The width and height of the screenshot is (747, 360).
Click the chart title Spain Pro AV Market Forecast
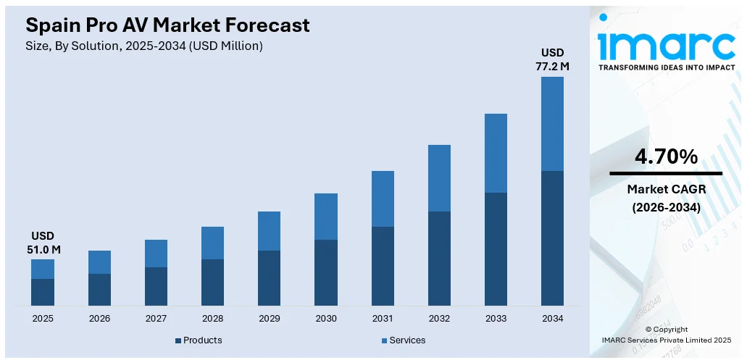click(167, 25)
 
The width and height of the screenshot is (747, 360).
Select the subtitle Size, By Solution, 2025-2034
click(144, 46)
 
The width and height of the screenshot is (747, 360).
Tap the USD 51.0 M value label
click(43, 243)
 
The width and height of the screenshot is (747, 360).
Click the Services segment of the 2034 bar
click(552, 123)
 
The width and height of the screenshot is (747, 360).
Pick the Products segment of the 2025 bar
click(43, 292)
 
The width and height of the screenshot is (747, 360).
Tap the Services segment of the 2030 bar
click(326, 216)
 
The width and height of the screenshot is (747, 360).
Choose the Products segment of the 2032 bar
click(439, 258)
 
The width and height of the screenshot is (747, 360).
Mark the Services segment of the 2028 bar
click(212, 243)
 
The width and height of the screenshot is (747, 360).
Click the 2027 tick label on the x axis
click(156, 318)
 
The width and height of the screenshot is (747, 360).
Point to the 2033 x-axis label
click(496, 318)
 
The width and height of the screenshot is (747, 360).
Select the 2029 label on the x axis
click(269, 318)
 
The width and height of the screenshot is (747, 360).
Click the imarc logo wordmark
click(666, 45)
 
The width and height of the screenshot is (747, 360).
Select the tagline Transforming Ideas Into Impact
click(666, 67)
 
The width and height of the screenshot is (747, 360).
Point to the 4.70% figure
click(666, 156)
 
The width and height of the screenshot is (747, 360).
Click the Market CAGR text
click(666, 189)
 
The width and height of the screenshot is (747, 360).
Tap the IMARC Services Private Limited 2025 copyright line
click(666, 339)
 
